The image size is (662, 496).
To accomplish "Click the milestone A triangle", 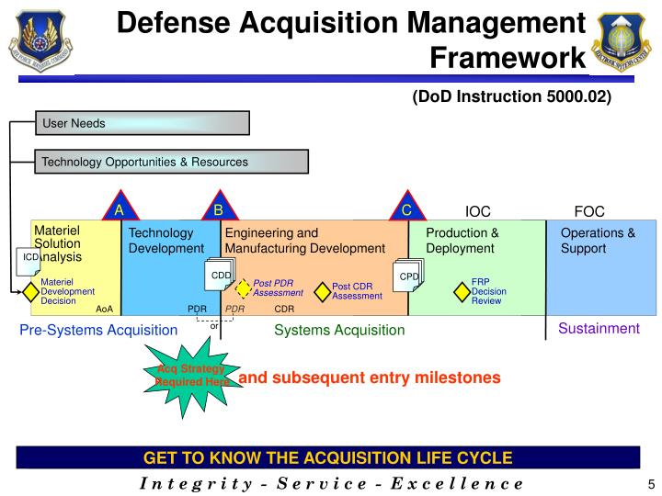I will click(119, 209).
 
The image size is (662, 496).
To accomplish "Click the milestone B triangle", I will click(219, 209).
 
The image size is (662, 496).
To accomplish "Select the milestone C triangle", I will click(406, 209).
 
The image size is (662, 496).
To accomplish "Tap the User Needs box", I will click(143, 123).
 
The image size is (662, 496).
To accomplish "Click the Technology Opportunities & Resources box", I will click(172, 163).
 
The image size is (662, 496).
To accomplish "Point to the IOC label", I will click(479, 210).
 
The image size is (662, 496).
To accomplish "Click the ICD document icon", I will click(29, 260).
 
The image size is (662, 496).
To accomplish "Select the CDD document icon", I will click(223, 276).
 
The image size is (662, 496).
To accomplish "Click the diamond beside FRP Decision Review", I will click(462, 291).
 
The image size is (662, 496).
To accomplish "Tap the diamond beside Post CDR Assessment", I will click(322, 291).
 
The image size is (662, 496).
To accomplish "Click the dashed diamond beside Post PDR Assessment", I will click(243, 288).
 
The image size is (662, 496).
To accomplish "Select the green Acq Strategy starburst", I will click(190, 375).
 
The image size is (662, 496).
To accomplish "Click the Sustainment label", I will click(599, 328).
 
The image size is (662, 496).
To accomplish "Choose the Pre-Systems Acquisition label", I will click(98, 330).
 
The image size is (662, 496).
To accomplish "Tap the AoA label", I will click(104, 310).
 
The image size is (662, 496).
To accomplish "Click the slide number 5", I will click(650, 484).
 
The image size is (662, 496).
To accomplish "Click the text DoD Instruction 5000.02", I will click(512, 96).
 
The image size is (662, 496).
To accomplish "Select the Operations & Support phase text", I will click(598, 241).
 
